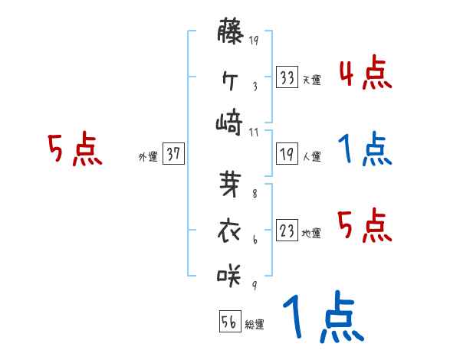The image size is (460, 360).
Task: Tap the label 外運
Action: (x=148, y=156)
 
